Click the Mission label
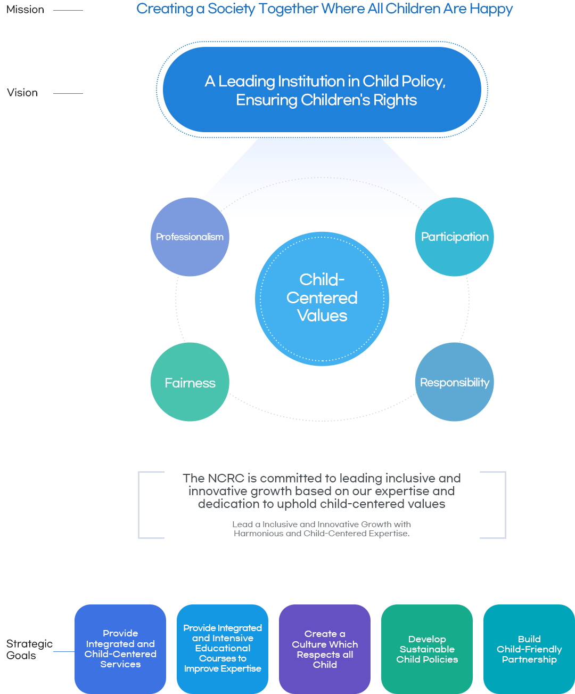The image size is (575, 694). coord(25,10)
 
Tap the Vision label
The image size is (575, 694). coord(22,93)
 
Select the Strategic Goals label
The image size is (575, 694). coord(29,649)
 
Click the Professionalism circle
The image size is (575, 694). coord(190,237)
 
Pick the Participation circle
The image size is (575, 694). coord(455,237)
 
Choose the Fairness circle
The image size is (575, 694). coord(190,382)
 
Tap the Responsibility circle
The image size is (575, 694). coord(455,382)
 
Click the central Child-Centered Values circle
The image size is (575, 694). coord(322,298)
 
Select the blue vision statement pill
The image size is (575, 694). coord(322,90)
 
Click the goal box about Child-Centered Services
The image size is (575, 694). coord(120,649)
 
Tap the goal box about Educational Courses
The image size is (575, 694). coord(223,649)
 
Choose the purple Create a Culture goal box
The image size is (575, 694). coord(325,649)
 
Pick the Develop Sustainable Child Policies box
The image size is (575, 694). coord(427,649)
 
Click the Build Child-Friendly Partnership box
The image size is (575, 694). coord(529,649)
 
